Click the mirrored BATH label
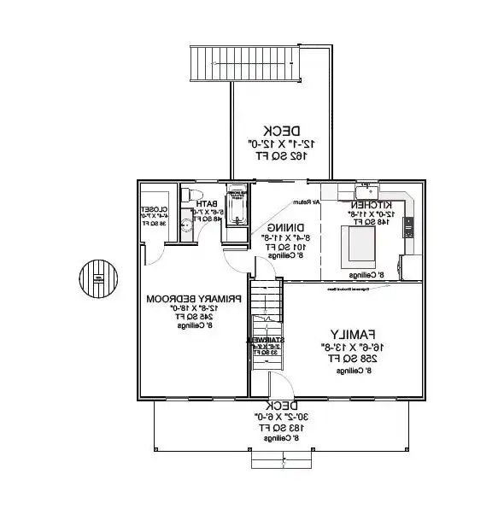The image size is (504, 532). pos(206,204)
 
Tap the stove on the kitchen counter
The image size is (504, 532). pos(408,227)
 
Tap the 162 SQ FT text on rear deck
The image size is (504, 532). pos(274,157)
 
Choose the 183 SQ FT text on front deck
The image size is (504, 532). pos(276,426)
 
